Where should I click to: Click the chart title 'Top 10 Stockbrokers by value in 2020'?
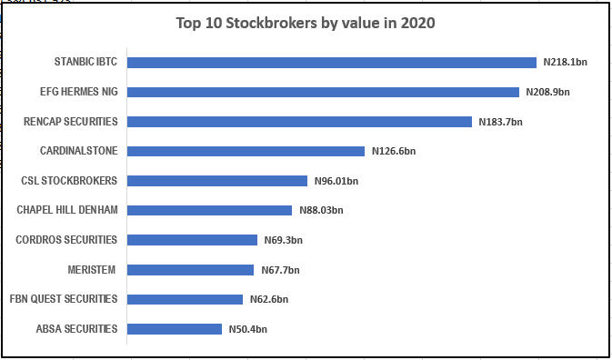(x=306, y=23)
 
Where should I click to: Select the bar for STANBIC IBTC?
(x=332, y=63)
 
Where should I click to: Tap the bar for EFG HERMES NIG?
(x=323, y=92)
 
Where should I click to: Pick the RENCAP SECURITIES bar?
(x=299, y=122)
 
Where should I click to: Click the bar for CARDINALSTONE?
(x=246, y=151)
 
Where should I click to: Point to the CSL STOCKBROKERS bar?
(x=217, y=181)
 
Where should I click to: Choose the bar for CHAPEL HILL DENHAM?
(x=209, y=210)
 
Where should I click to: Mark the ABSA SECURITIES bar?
(x=175, y=329)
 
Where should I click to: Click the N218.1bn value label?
(x=565, y=62)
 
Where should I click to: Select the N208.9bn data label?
(x=547, y=92)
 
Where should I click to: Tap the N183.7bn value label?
(x=500, y=122)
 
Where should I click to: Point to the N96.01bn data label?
(x=336, y=181)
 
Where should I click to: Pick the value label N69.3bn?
(x=283, y=240)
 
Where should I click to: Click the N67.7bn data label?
(x=280, y=270)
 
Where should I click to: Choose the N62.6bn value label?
(x=269, y=299)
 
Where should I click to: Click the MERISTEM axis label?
(x=91, y=269)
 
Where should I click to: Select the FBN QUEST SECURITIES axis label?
(x=64, y=299)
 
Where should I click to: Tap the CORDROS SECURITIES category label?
(x=66, y=239)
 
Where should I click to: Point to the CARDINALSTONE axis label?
(x=78, y=151)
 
